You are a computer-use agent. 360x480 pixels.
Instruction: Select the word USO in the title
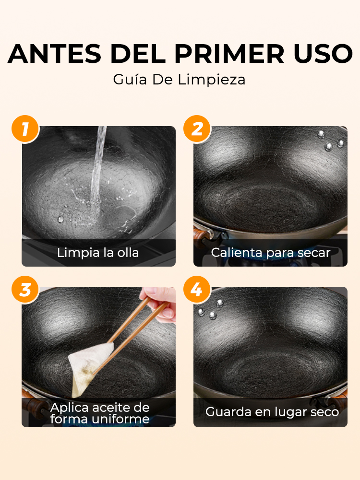click(x=322, y=54)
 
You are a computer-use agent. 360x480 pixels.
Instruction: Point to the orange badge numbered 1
click(x=24, y=129)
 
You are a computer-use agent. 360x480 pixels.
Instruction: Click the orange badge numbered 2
click(x=197, y=129)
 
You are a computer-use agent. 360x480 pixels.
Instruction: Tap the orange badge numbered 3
click(x=24, y=290)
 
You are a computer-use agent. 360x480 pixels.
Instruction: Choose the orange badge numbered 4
click(x=197, y=290)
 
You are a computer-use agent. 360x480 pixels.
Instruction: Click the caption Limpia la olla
click(x=98, y=253)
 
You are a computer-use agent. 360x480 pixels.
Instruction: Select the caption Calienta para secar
click(x=271, y=253)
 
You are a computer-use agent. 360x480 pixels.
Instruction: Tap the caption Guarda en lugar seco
click(x=272, y=412)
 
